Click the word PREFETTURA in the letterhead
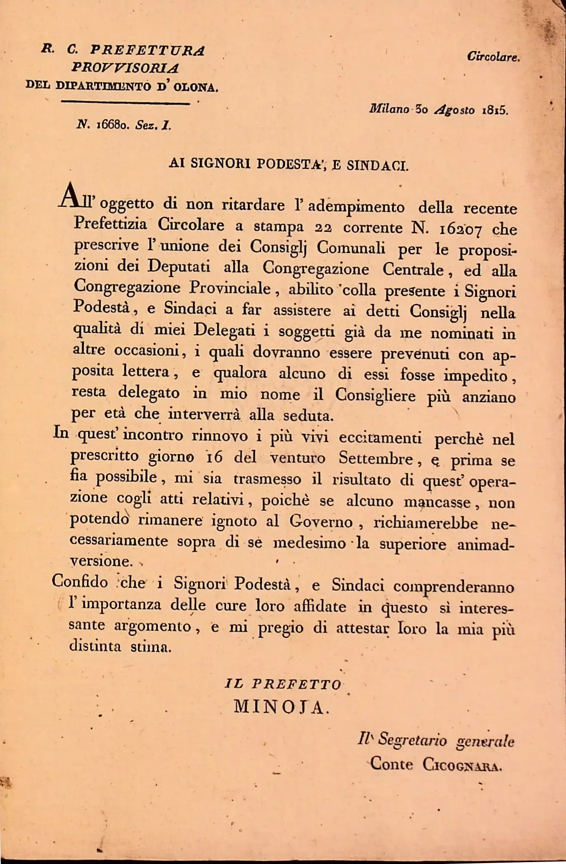[x=147, y=50]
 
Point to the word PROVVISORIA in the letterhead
[x=125, y=68]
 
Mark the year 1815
[x=494, y=111]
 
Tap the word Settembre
[x=376, y=458]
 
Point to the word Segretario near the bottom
[x=412, y=740]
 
